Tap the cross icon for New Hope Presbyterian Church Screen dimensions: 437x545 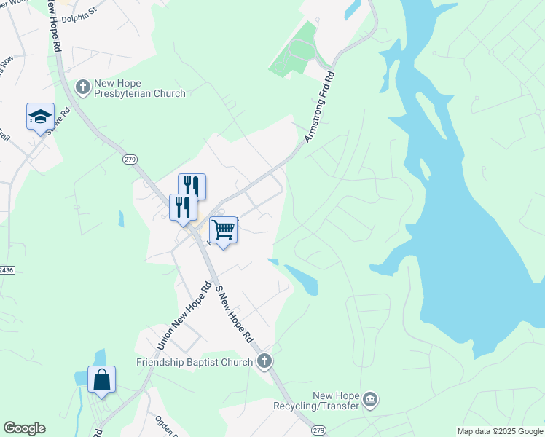(x=82, y=87)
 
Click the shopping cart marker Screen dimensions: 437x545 (x=224, y=231)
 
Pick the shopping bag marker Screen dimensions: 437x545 (x=101, y=380)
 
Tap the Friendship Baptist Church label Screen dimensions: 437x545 (x=194, y=362)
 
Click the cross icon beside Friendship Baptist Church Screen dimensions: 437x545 (x=264, y=361)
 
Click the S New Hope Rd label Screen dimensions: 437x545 (x=234, y=315)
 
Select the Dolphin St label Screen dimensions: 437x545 (x=79, y=15)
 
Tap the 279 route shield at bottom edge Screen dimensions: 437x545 (x=318, y=431)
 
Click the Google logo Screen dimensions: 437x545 (x=24, y=428)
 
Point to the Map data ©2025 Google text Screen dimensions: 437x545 (x=500, y=431)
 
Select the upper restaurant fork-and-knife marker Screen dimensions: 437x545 (x=192, y=186)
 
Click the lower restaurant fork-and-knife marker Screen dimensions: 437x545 (x=183, y=207)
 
